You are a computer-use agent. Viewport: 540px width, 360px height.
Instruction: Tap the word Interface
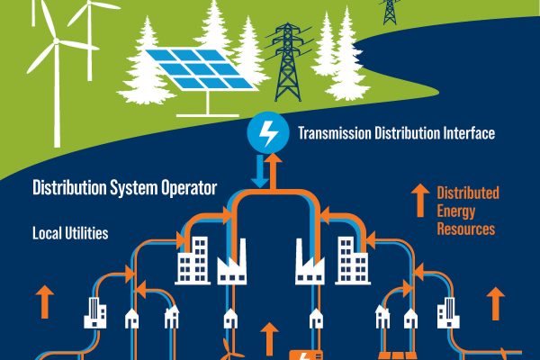pos(468,136)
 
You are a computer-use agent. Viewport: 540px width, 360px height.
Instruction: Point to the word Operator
pos(185,189)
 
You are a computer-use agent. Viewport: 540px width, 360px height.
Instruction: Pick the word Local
pos(46,233)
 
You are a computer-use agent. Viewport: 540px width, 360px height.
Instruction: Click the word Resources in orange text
pos(465,229)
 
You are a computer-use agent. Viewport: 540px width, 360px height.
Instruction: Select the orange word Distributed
pos(468,193)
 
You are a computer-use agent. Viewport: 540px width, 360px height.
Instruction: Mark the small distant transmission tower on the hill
pos(389,10)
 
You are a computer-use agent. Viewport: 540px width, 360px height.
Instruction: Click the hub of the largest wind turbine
pos(56,41)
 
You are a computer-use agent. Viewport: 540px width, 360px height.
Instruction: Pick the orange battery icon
pos(298,354)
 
